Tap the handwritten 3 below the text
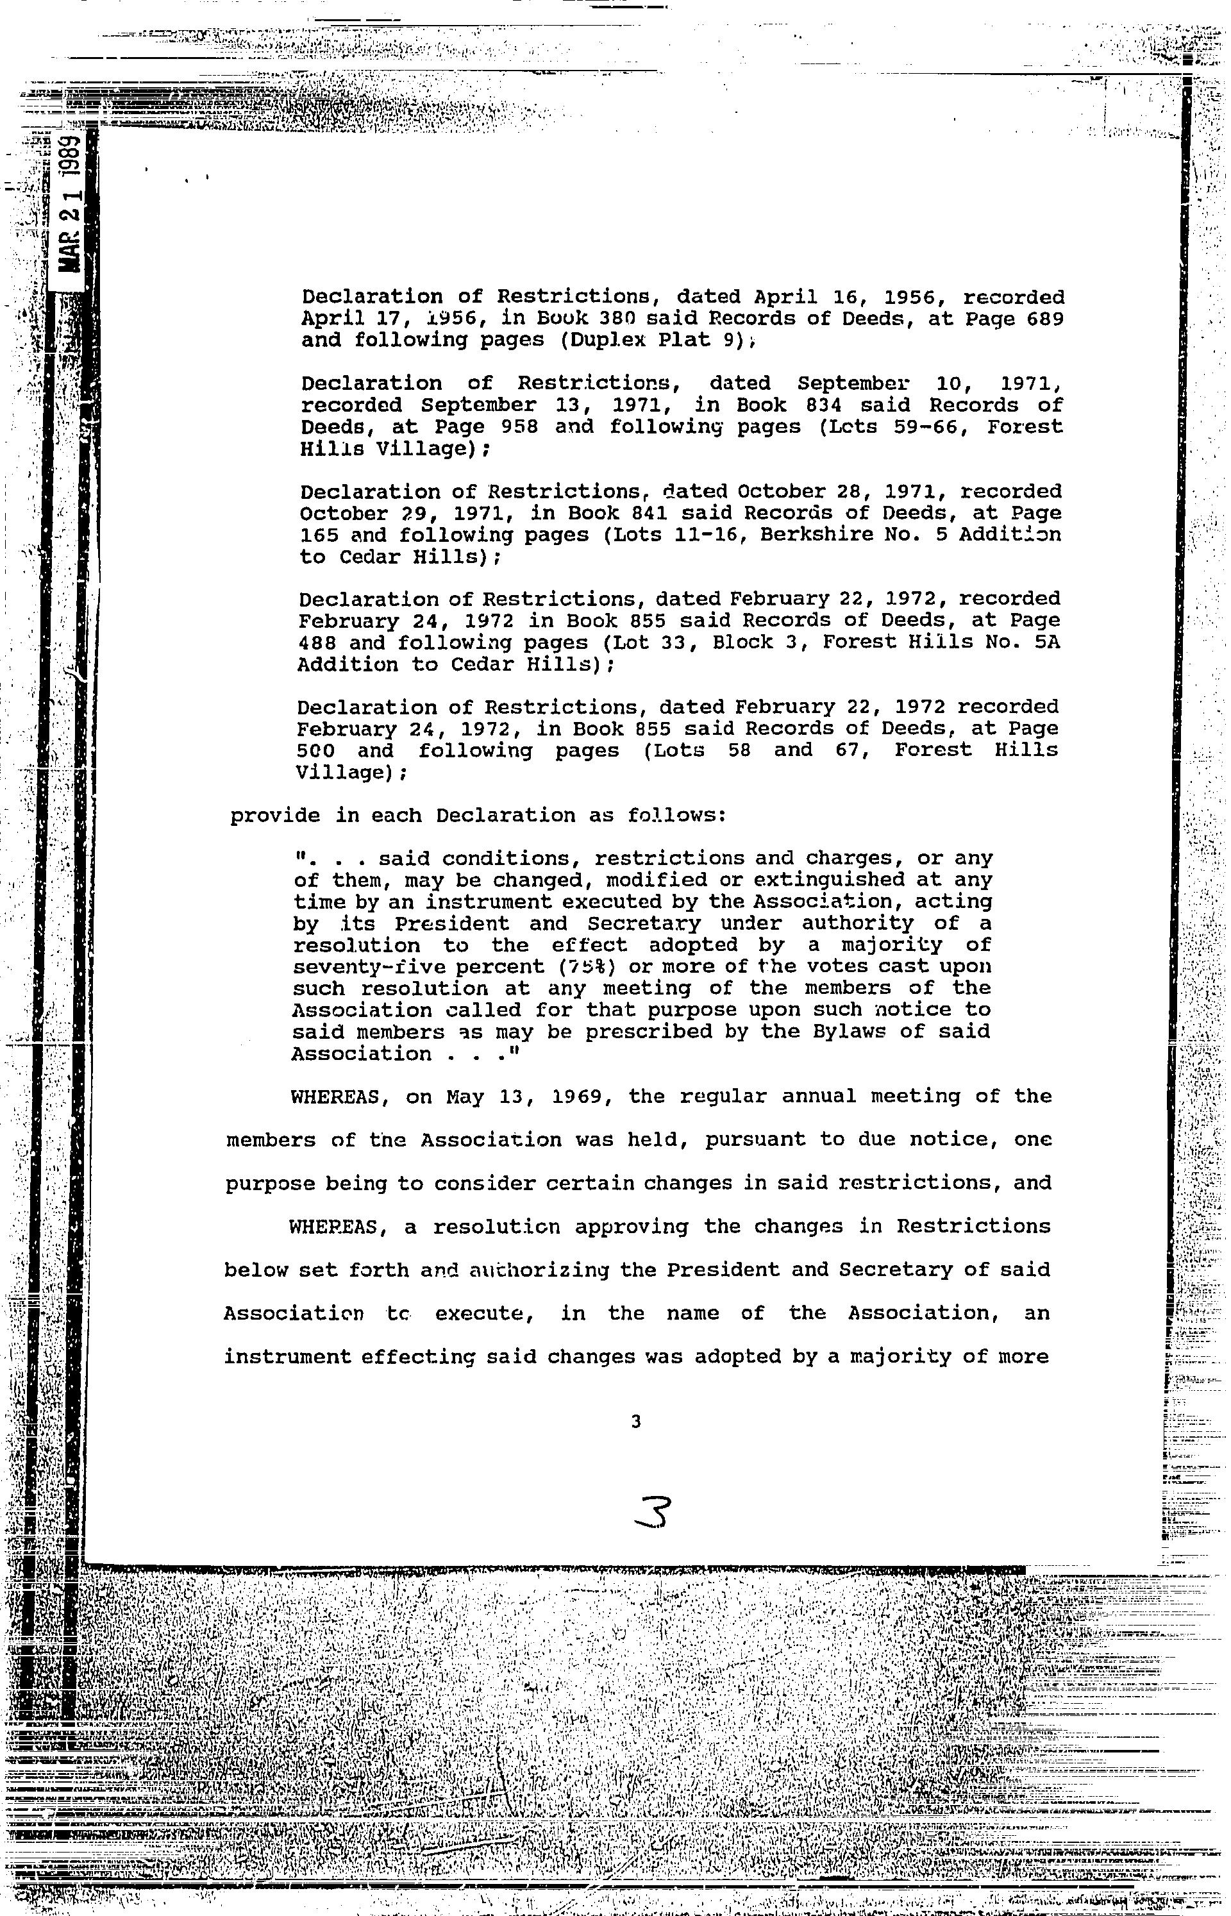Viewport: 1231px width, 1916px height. [x=652, y=1511]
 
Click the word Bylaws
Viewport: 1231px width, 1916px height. [x=839, y=1031]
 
